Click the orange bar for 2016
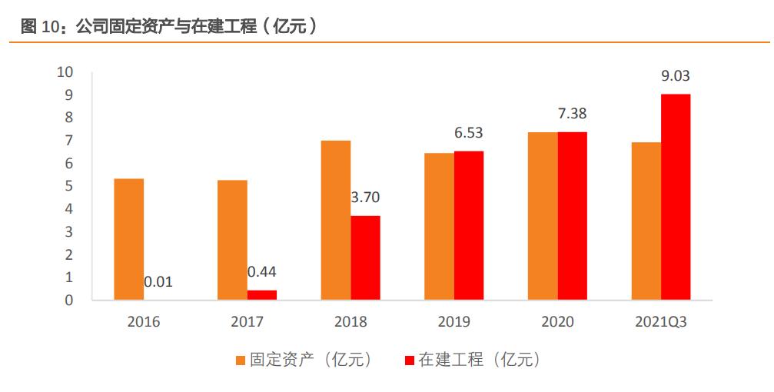(128, 239)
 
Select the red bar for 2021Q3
(676, 197)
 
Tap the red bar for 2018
(365, 257)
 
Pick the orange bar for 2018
(336, 220)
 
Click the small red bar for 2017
(262, 294)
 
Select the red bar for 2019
(469, 225)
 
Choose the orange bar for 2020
(543, 216)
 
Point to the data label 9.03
(676, 75)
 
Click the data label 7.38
(572, 114)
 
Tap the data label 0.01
(158, 282)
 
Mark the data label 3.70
(365, 198)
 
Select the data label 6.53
(469, 133)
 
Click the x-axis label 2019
(453, 322)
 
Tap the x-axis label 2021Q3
(660, 322)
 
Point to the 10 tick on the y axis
(65, 72)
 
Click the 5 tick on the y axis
(68, 186)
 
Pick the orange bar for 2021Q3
(646, 221)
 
